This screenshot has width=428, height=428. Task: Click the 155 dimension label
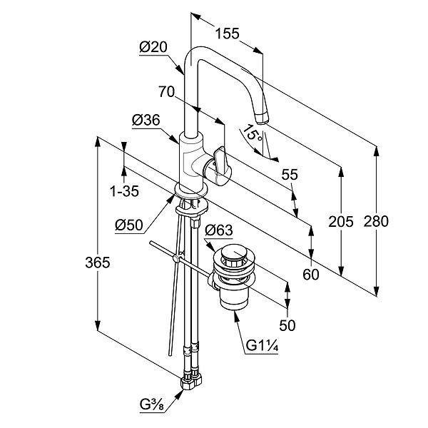click(227, 34)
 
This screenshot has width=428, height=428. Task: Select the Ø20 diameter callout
click(153, 47)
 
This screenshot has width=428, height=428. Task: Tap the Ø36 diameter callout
click(146, 120)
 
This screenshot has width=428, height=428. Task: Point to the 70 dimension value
click(166, 92)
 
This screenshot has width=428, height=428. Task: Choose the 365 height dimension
click(98, 263)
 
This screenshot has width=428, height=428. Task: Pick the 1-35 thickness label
click(124, 191)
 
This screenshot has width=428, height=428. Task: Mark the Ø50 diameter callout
click(129, 225)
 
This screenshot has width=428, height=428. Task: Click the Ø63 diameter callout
click(219, 230)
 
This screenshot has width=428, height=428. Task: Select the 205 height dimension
click(341, 221)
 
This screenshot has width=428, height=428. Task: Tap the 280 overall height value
click(376, 221)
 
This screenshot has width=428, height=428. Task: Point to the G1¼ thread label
click(262, 345)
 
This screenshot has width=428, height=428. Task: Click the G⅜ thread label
click(152, 404)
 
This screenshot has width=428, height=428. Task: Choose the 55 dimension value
click(290, 175)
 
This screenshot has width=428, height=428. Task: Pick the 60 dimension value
click(310, 275)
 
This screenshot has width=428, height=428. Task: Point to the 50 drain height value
click(287, 325)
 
